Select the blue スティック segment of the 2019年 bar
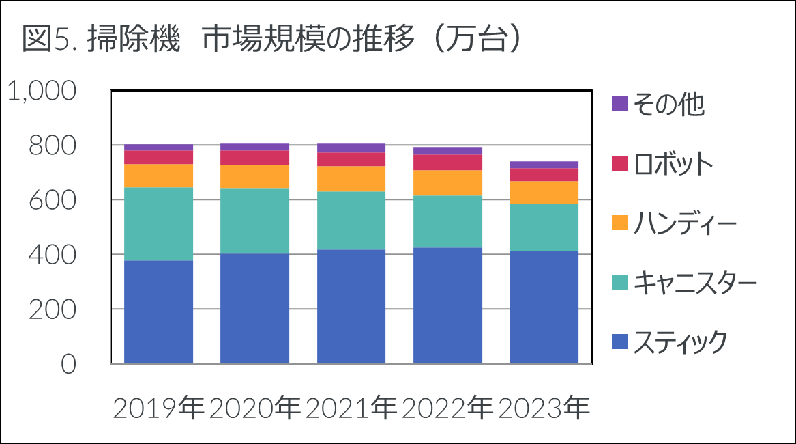[159, 311]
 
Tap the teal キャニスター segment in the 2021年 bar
[352, 220]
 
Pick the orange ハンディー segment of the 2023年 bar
[544, 192]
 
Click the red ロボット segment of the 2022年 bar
[448, 162]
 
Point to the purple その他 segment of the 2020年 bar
[255, 147]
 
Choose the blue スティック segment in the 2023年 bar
[544, 307]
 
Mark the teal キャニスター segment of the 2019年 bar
[159, 223]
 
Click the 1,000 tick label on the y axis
[42, 92]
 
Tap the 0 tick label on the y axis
[68, 364]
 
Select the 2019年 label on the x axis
[158, 409]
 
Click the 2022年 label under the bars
[447, 409]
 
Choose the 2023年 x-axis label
[544, 409]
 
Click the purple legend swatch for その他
[619, 104]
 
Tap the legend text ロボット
[673, 164]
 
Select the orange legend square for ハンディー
[619, 223]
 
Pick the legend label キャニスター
[694, 282]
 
